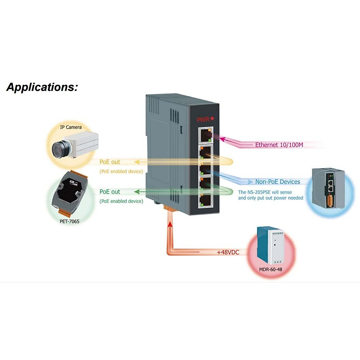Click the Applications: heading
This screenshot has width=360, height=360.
point(42,87)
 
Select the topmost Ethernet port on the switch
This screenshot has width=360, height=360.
point(205,135)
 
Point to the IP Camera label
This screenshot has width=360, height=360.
point(71,127)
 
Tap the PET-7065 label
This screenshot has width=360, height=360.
point(69,221)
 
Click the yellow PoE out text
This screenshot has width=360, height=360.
point(110,162)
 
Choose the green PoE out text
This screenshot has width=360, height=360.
point(110,192)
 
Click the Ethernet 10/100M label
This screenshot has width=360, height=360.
point(279,145)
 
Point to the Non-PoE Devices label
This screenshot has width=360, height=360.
point(277,182)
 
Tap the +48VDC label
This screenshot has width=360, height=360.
point(228,252)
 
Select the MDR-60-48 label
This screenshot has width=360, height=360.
point(271,269)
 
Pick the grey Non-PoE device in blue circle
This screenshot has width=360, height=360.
point(328,188)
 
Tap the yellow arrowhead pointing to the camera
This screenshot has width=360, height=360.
point(137,162)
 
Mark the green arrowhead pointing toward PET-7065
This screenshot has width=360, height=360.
point(137,192)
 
